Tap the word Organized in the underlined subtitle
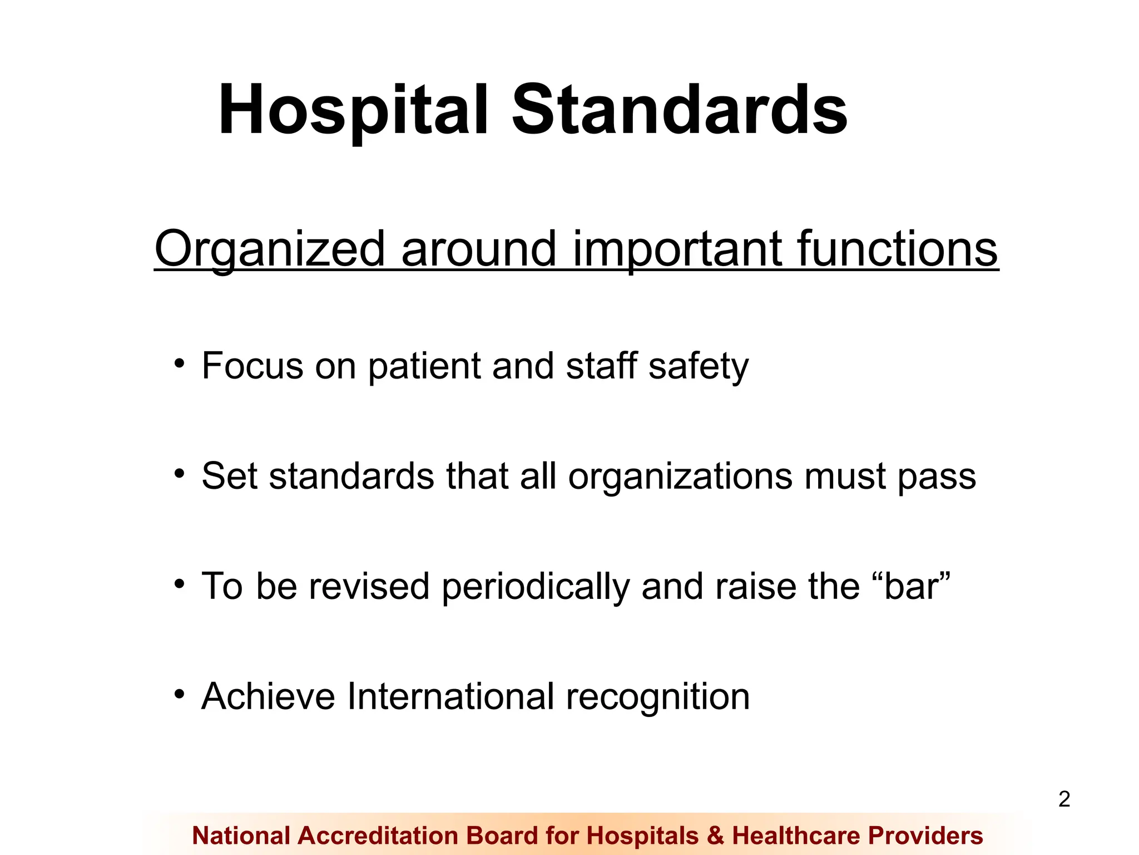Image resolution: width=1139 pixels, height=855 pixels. [x=270, y=249]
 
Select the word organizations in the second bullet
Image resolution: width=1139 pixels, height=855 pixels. [x=679, y=477]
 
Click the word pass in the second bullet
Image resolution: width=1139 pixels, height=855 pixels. [x=937, y=478]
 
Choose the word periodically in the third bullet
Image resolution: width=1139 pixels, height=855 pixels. [x=535, y=587]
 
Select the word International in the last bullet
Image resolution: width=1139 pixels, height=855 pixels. [x=450, y=696]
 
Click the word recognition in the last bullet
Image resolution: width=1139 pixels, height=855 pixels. [x=658, y=697]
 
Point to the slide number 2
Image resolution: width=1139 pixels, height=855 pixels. [x=1064, y=799]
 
